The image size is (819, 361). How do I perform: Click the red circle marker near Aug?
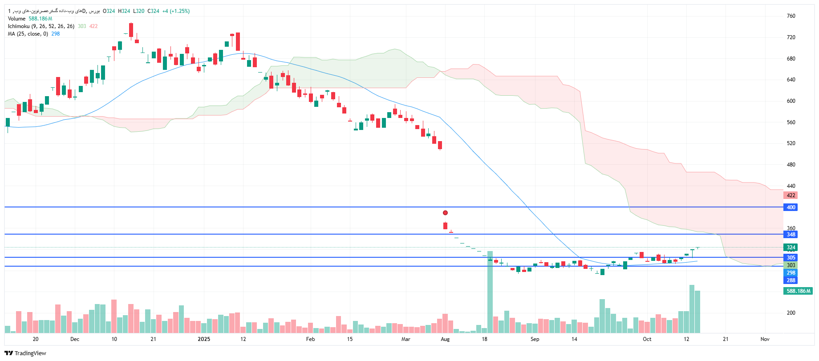[445, 213]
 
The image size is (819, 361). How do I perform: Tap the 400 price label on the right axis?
[791, 207]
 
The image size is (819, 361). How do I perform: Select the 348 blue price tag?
[791, 235]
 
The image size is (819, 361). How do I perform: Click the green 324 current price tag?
[791, 247]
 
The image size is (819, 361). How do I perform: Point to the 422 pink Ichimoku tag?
[791, 195]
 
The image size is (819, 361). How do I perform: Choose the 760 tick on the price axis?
[791, 16]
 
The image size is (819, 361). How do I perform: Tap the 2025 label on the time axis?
[204, 339]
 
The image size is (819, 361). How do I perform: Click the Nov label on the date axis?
[765, 339]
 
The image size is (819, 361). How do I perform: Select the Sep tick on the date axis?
[535, 339]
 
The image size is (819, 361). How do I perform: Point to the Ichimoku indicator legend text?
[41, 26]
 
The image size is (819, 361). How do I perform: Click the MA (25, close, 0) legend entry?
[28, 34]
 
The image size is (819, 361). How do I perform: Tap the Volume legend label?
[16, 19]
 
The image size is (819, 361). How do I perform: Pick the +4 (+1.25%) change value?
[176, 11]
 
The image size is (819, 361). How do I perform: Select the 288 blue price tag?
[791, 280]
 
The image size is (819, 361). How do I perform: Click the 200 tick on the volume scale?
[791, 313]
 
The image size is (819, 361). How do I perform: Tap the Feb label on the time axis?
[310, 339]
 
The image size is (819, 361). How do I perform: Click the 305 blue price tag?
[791, 258]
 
